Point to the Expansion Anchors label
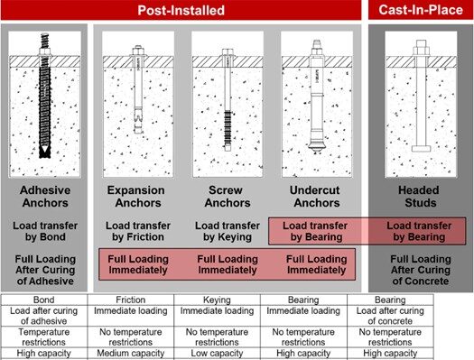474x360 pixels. [x=135, y=198]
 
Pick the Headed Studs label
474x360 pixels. [x=417, y=198]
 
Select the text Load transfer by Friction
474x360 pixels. [x=135, y=232]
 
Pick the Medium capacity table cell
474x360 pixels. [x=135, y=354]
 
